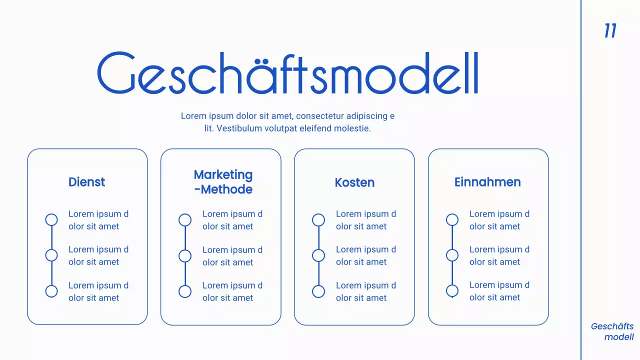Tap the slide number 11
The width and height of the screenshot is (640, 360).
coord(610,31)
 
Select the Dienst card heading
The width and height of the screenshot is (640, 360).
coord(86,182)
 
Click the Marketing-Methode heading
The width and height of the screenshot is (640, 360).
coord(223,182)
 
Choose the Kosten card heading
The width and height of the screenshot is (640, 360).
coord(354,182)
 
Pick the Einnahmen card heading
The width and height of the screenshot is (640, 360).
coord(487,182)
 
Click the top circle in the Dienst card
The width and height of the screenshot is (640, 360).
coord(51,219)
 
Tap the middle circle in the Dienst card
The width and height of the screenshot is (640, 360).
coord(51,255)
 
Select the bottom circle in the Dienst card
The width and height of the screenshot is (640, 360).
coord(51,291)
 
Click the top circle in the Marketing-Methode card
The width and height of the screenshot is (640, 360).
coord(185,220)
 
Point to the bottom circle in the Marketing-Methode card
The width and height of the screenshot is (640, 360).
coord(185,291)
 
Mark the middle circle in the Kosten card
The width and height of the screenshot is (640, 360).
coord(318,255)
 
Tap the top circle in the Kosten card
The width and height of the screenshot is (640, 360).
coord(318,220)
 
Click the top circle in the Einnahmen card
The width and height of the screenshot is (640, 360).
coord(452,219)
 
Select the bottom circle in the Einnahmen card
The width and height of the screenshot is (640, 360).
coord(452,290)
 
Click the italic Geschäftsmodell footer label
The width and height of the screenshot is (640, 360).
coord(612,331)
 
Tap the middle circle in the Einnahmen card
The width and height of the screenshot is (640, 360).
coord(452,255)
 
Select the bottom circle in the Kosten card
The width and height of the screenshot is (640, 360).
coord(318,291)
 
